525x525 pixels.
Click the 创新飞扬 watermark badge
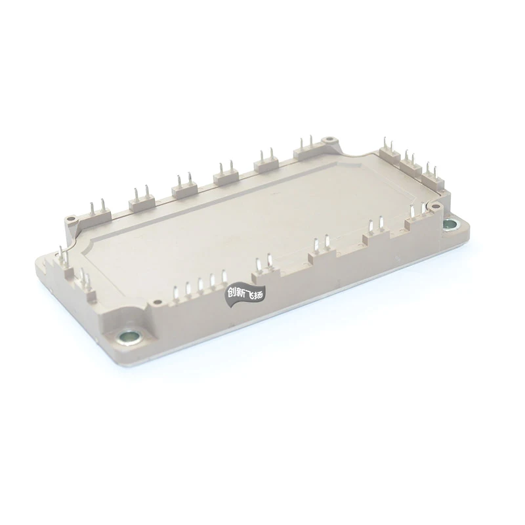coord(244,295)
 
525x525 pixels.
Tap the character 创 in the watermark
coord(231,295)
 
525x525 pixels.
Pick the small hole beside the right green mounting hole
coord(434,207)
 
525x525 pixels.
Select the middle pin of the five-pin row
coord(200,284)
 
